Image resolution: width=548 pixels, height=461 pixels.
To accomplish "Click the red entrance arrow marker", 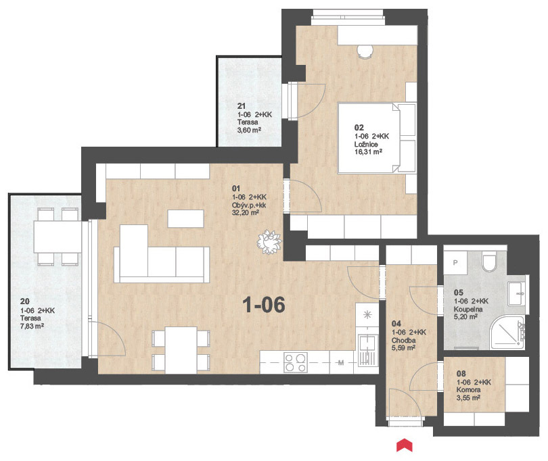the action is tap(405, 445).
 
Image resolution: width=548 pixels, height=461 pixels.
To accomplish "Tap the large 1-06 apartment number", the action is tap(264, 305).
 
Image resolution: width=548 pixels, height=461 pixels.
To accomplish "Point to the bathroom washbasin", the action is tap(517, 293).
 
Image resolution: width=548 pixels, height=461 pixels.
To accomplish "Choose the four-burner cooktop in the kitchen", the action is tap(296, 362).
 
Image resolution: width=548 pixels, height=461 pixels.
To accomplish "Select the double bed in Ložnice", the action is tap(377, 138).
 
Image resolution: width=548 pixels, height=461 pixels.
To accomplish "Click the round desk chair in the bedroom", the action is tap(365, 51).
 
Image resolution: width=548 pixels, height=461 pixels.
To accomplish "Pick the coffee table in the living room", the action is tap(185, 218).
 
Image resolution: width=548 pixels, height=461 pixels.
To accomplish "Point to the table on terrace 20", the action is tap(58, 237).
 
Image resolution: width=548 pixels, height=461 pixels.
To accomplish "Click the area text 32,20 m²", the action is tap(246, 212).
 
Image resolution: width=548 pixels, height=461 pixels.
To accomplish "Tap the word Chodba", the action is tap(404, 340).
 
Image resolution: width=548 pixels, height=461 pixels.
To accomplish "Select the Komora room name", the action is tap(468, 390).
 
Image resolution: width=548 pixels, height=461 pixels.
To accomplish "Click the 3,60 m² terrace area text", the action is tap(250, 130).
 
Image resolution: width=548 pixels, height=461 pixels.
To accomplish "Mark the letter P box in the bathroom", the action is tap(455, 263).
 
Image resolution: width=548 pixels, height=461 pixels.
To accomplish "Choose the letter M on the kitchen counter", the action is tap(341, 363).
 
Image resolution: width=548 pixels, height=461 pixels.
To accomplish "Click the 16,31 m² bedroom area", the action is tap(368, 152).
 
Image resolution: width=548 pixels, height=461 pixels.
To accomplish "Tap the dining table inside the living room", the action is tap(181, 350).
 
